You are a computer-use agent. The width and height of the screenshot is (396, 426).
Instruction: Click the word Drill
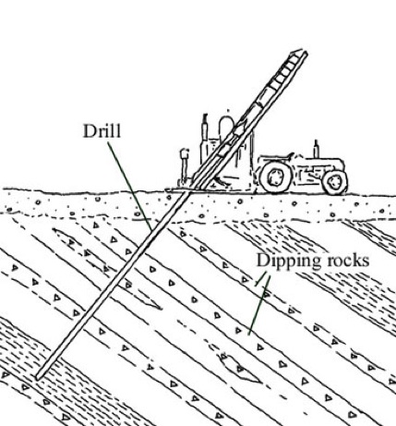(x=102, y=131)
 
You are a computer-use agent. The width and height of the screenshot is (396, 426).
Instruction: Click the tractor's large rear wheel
(x=275, y=177)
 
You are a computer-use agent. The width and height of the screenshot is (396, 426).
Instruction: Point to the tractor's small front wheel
(x=335, y=182)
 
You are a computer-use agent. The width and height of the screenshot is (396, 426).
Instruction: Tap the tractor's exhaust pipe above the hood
(x=316, y=149)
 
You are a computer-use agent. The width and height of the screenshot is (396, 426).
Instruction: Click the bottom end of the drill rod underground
(x=38, y=377)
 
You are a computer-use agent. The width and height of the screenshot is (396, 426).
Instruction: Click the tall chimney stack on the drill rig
(x=205, y=137)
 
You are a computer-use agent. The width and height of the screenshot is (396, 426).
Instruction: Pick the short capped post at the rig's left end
(x=185, y=165)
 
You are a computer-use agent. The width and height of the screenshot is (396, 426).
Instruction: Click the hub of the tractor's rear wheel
(x=275, y=177)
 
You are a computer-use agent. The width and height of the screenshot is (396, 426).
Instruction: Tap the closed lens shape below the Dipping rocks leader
(x=239, y=368)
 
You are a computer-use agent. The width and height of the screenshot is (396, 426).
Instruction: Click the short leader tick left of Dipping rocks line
(x=260, y=279)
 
